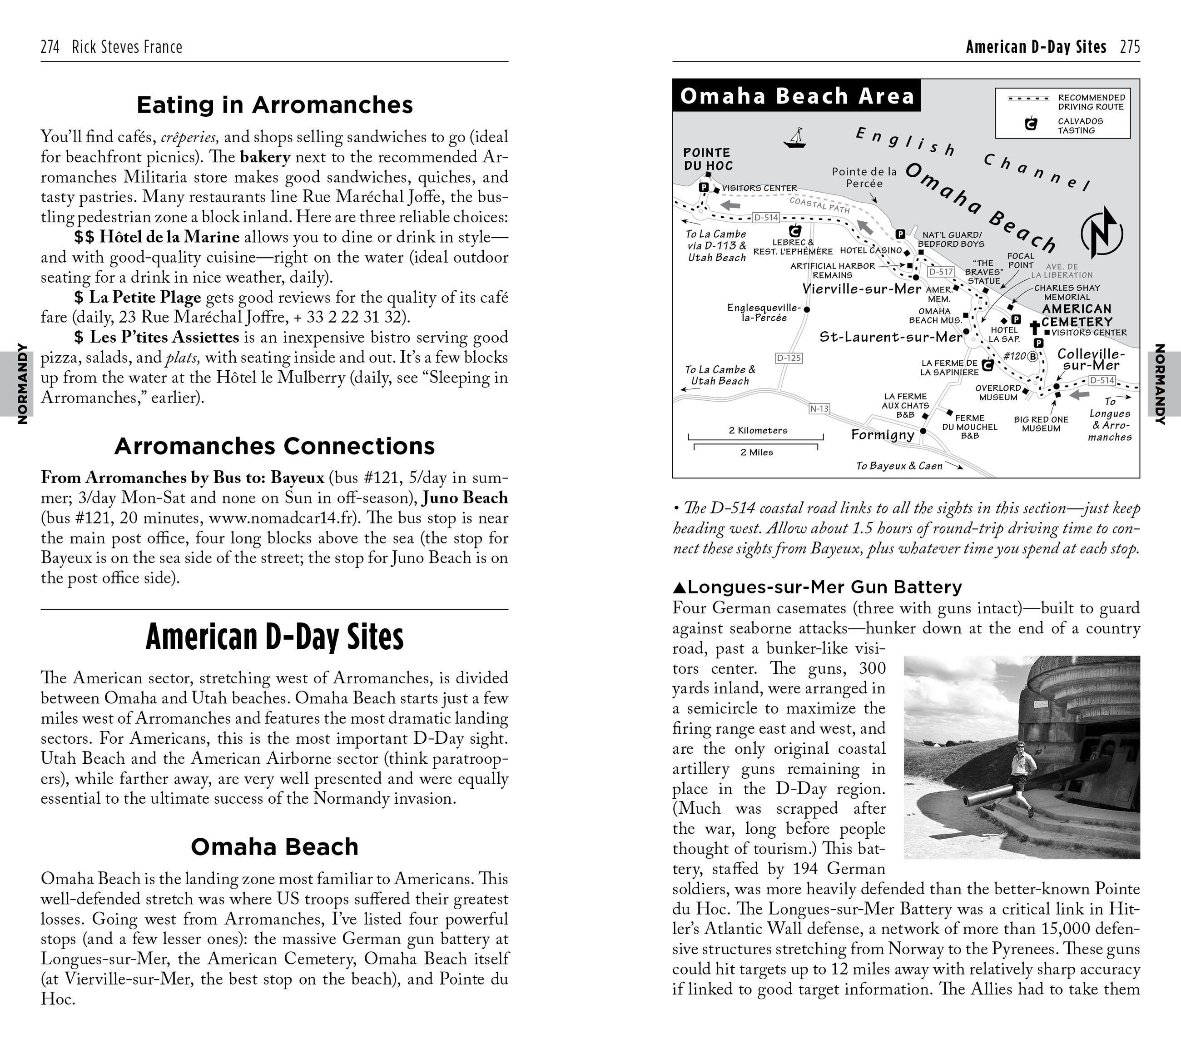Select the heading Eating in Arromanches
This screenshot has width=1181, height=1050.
click(x=274, y=105)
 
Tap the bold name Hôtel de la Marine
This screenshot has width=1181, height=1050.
click(x=169, y=237)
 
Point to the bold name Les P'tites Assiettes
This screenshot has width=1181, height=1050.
click(x=164, y=337)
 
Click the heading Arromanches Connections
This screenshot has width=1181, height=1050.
click(x=274, y=446)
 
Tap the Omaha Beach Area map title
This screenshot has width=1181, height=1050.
click(x=797, y=96)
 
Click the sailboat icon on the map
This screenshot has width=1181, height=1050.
click(x=795, y=138)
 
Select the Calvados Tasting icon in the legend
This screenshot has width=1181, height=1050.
click(x=1031, y=123)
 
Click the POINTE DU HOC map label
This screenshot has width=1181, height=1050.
click(x=708, y=159)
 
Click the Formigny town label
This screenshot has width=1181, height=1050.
click(x=882, y=434)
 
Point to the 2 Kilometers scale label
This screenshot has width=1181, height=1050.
click(x=758, y=430)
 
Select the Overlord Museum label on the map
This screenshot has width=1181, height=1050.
click(x=998, y=393)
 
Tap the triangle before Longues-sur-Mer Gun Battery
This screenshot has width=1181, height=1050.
click(x=680, y=587)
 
